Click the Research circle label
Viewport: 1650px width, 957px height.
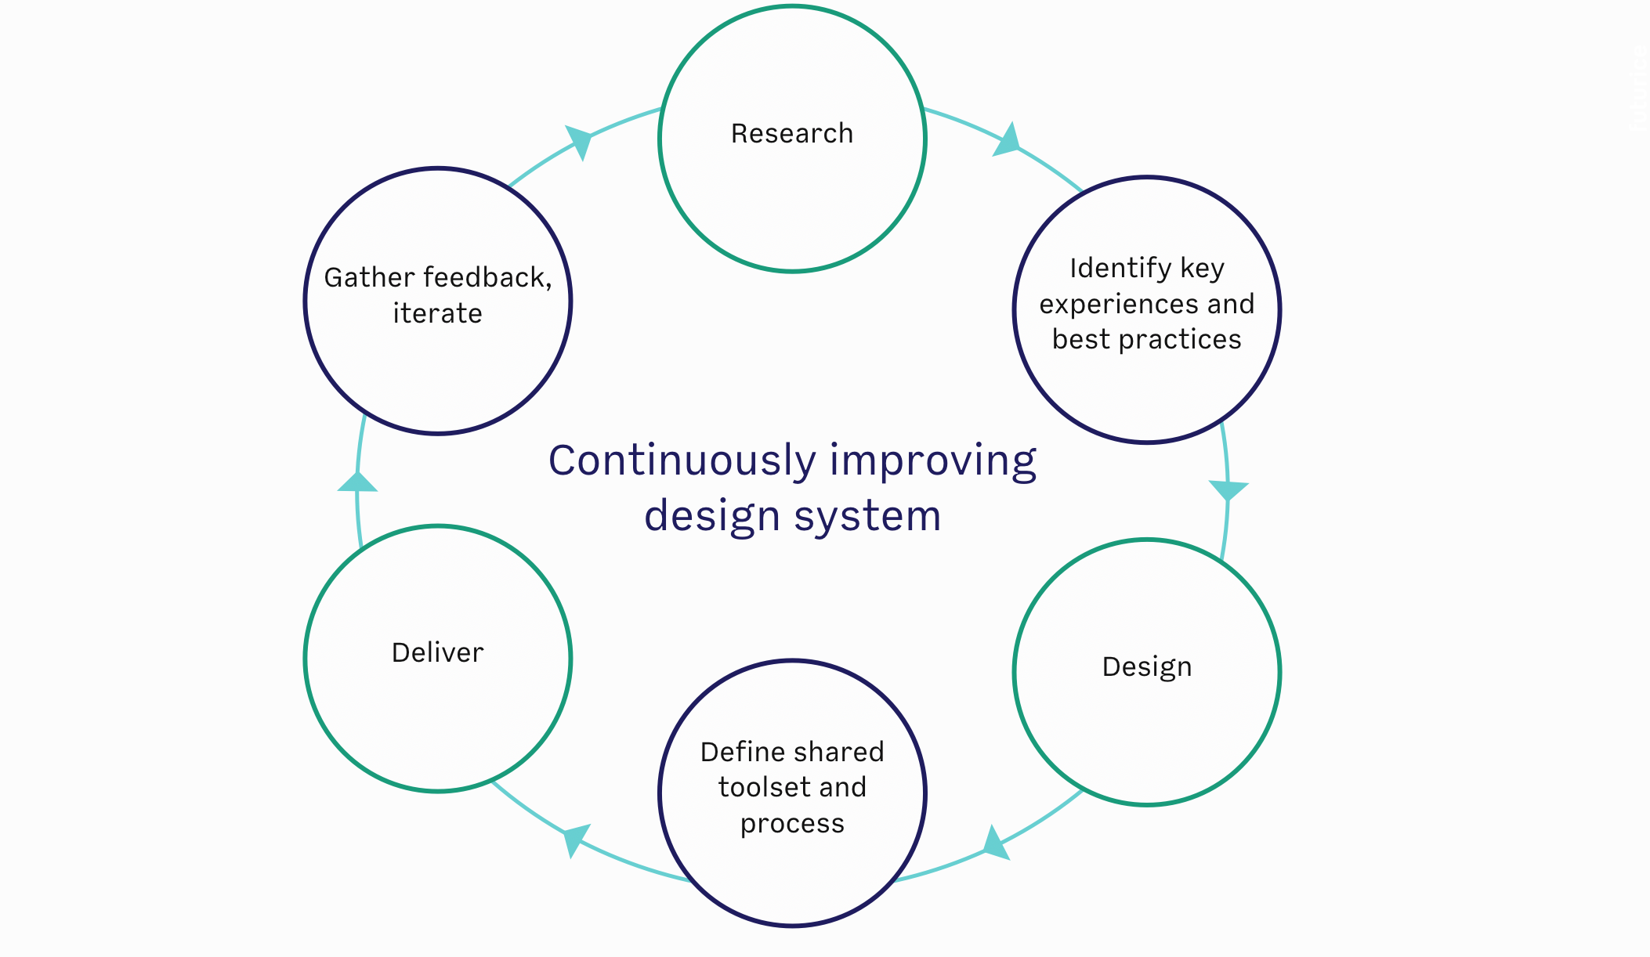tap(791, 134)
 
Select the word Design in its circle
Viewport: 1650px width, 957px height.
tap(1146, 667)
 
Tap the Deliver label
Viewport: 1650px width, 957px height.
tap(437, 653)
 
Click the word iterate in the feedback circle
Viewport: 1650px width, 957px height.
tap(437, 314)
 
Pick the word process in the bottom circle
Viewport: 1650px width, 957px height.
tap(792, 824)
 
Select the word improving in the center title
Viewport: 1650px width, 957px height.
tap(932, 460)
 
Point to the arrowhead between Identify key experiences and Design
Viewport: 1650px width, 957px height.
tap(1228, 489)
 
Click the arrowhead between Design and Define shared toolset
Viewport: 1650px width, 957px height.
tap(996, 843)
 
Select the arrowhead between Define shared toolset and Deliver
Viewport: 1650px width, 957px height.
tap(576, 840)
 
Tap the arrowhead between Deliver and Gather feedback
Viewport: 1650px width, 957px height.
tap(357, 482)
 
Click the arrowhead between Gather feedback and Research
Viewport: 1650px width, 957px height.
tap(579, 142)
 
